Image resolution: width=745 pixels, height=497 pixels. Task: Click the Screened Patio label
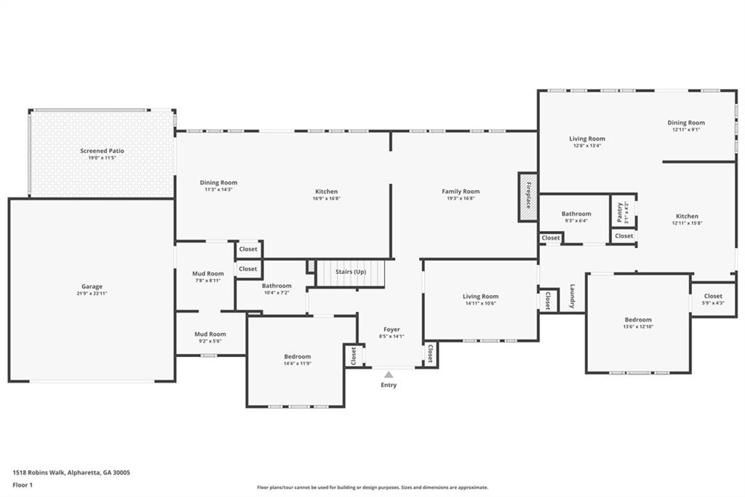pyautogui.click(x=102, y=151)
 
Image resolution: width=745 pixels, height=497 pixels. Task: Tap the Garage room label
pyautogui.click(x=92, y=286)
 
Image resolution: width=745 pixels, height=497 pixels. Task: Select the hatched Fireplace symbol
pyautogui.click(x=527, y=197)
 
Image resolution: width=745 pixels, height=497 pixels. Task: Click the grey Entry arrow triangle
pyautogui.click(x=389, y=375)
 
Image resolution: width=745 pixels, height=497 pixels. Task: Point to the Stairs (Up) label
pyautogui.click(x=351, y=272)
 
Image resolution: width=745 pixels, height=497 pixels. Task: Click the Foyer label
pyautogui.click(x=391, y=329)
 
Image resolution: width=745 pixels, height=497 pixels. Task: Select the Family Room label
pyautogui.click(x=461, y=192)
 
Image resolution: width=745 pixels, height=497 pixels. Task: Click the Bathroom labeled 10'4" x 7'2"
pyautogui.click(x=276, y=286)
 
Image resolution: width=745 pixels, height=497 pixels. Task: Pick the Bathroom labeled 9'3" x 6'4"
pyautogui.click(x=576, y=214)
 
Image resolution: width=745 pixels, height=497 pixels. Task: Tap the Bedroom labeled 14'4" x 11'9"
pyautogui.click(x=297, y=356)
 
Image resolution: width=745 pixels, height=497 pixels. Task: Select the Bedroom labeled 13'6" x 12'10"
pyautogui.click(x=638, y=319)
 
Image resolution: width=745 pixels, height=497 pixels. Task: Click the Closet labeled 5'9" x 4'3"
pyautogui.click(x=713, y=296)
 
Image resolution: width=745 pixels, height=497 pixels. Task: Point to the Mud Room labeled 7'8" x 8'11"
pyautogui.click(x=209, y=273)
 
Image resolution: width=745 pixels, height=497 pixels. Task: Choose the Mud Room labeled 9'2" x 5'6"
pyautogui.click(x=210, y=334)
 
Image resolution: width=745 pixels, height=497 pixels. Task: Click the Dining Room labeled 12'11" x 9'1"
pyautogui.click(x=686, y=123)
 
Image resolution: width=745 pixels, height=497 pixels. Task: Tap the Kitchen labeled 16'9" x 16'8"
pyautogui.click(x=326, y=192)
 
